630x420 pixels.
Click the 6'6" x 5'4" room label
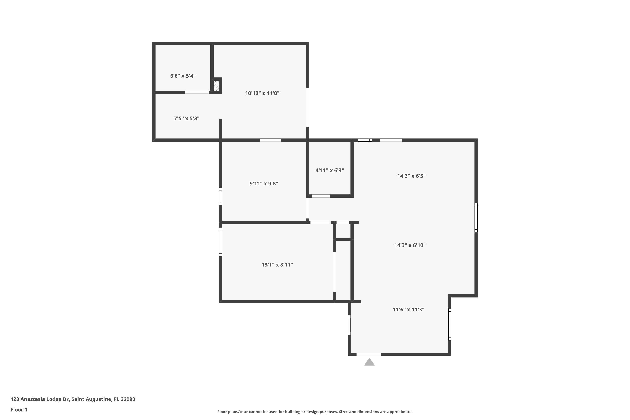pyautogui.click(x=183, y=76)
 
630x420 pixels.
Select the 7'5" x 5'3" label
pyautogui.click(x=186, y=118)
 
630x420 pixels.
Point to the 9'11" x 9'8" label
pyautogui.click(x=264, y=184)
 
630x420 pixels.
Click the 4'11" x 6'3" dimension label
pyautogui.click(x=329, y=170)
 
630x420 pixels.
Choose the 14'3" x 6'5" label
pyautogui.click(x=411, y=176)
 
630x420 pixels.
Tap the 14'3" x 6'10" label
pyautogui.click(x=410, y=245)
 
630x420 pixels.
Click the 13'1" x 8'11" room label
pyautogui.click(x=277, y=265)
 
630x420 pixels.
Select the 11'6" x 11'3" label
pyautogui.click(x=408, y=310)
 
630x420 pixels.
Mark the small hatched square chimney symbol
pyautogui.click(x=216, y=86)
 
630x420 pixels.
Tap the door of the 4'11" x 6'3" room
pyautogui.click(x=321, y=196)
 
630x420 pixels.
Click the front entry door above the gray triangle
pyautogui.click(x=369, y=354)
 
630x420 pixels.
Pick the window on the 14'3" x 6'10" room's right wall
pyautogui.click(x=476, y=218)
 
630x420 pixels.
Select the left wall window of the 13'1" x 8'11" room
pyautogui.click(x=220, y=242)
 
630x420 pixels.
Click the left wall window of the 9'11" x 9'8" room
pyautogui.click(x=220, y=196)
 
